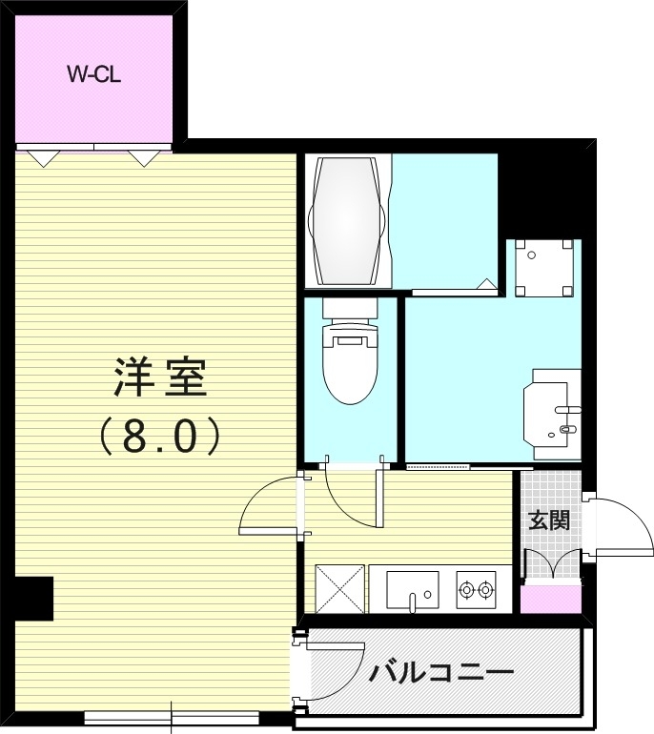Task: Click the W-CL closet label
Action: tap(94, 74)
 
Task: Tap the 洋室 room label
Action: tap(160, 377)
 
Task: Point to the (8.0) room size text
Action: tap(159, 436)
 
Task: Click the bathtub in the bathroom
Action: tap(348, 220)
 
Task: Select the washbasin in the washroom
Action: tap(552, 414)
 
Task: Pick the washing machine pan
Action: tap(544, 268)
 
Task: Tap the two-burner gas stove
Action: tap(477, 589)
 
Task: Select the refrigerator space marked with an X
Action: tap(340, 589)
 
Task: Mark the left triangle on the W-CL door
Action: tap(44, 158)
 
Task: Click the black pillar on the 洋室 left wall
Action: tap(33, 599)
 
